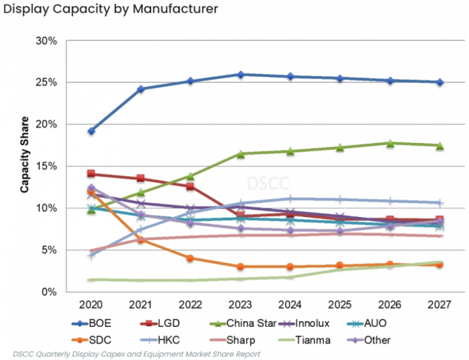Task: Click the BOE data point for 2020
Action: pyautogui.click(x=91, y=131)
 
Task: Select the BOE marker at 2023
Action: pyautogui.click(x=240, y=74)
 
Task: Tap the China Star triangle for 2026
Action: pyautogui.click(x=390, y=143)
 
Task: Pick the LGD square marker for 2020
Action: pyautogui.click(x=91, y=174)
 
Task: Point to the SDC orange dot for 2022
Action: pyautogui.click(x=190, y=258)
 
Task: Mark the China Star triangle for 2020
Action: pyautogui.click(x=91, y=210)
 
